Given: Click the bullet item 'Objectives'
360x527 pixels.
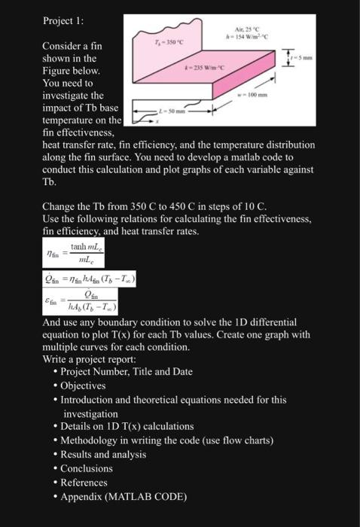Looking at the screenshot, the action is tap(84, 385).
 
